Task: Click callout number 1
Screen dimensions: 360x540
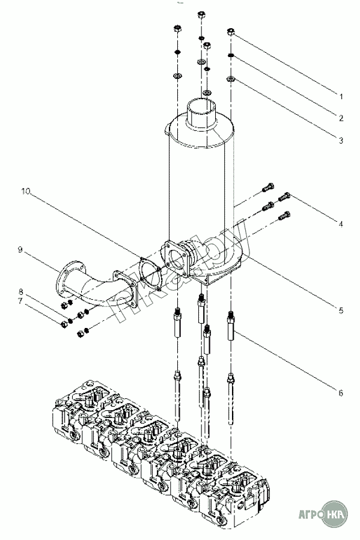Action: [x=341, y=97]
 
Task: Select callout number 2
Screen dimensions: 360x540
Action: [x=341, y=118]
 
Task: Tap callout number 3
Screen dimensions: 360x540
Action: [x=341, y=141]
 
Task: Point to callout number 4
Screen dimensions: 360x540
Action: [x=341, y=224]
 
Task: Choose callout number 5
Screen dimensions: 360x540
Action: [x=341, y=311]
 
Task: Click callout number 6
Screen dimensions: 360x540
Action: [x=341, y=393]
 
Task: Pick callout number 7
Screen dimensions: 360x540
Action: [x=20, y=302]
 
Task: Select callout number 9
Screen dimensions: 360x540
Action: [x=20, y=249]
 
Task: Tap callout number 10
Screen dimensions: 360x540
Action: [x=25, y=191]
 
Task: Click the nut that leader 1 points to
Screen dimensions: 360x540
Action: [x=231, y=32]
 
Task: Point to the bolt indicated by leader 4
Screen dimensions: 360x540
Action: [x=285, y=196]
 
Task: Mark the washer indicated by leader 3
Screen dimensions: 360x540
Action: [x=231, y=79]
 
